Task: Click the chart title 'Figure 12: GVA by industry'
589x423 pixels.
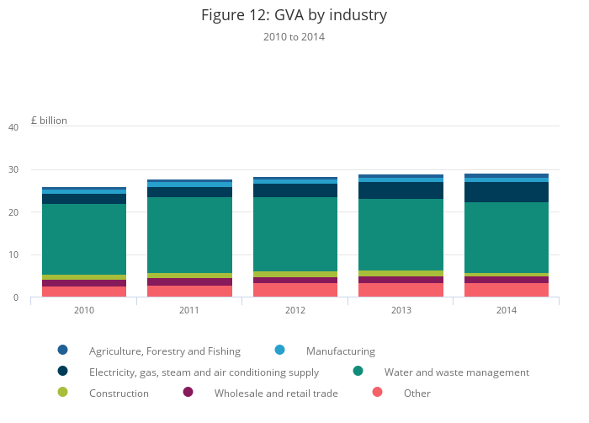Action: pyautogui.click(x=294, y=15)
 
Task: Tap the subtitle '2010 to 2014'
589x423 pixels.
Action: pyautogui.click(x=294, y=37)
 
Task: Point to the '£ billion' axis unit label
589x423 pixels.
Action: pyautogui.click(x=49, y=120)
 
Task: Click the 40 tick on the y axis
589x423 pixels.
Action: pyautogui.click(x=13, y=127)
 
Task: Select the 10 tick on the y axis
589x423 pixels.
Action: pyautogui.click(x=13, y=255)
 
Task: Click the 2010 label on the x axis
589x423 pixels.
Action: pyautogui.click(x=84, y=310)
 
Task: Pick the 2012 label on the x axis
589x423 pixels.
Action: pyautogui.click(x=295, y=310)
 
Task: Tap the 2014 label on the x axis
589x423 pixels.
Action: pyautogui.click(x=507, y=310)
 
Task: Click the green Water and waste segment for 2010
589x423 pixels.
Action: pyautogui.click(x=84, y=239)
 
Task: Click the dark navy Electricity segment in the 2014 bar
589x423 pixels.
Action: pyautogui.click(x=507, y=192)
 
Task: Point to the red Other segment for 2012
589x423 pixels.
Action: pyautogui.click(x=295, y=290)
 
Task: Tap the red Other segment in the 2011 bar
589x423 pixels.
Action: pyautogui.click(x=189, y=291)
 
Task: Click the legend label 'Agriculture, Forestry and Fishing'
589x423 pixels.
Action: pyautogui.click(x=165, y=351)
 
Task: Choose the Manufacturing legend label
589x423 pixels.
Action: pyautogui.click(x=341, y=351)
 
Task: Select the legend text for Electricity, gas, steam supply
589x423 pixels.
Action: pyautogui.click(x=204, y=372)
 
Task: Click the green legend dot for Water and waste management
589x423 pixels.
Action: pyautogui.click(x=358, y=371)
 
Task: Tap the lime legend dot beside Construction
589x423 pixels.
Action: pyautogui.click(x=62, y=392)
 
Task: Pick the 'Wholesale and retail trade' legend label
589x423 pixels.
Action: pyautogui.click(x=276, y=394)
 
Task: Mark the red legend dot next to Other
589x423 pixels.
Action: pyautogui.click(x=377, y=392)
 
